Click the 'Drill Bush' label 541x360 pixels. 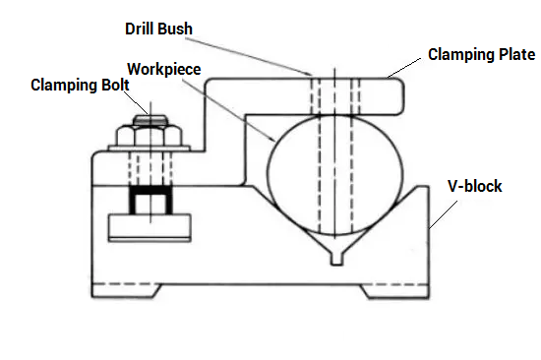pyautogui.click(x=158, y=29)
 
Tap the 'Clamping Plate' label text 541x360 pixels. pyautogui.click(x=482, y=54)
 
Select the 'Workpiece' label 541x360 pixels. pyautogui.click(x=164, y=69)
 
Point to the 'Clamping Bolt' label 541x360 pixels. pyautogui.click(x=80, y=85)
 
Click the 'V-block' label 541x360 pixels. pyautogui.click(x=474, y=186)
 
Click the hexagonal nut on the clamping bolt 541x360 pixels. pyautogui.click(x=150, y=136)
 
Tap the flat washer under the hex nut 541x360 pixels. pyautogui.click(x=150, y=149)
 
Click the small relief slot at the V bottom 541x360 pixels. pyautogui.click(x=336, y=258)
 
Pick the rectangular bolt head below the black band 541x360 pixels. pyautogui.click(x=150, y=227)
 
